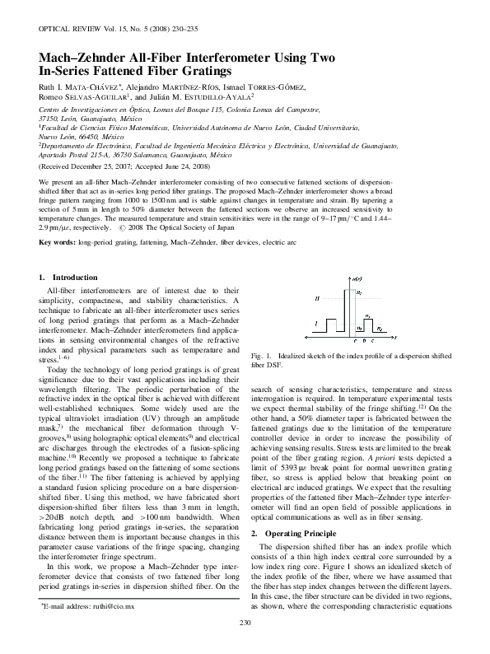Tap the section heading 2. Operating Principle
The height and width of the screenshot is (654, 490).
tap(292, 488)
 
